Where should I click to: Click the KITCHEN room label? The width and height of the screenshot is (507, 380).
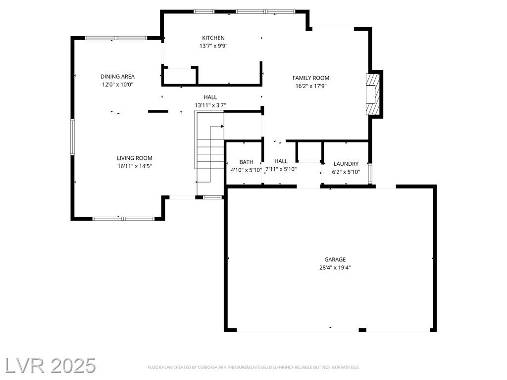[x=213, y=38]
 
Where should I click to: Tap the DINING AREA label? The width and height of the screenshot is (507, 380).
[x=117, y=77]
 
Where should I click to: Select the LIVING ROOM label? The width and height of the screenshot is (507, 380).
[x=135, y=158]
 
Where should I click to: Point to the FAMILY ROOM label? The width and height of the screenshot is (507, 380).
[x=311, y=78]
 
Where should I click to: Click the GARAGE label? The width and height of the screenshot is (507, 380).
[x=335, y=259]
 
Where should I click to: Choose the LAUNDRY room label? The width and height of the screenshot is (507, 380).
[x=346, y=164]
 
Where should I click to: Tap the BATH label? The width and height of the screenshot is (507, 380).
[x=247, y=162]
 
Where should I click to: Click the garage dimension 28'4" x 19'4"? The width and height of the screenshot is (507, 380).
[x=335, y=268]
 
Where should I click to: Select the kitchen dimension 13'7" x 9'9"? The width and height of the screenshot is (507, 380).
[x=213, y=46]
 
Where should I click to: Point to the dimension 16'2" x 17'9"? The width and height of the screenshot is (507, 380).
[x=311, y=86]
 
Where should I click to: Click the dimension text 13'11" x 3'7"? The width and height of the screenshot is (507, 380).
[x=210, y=105]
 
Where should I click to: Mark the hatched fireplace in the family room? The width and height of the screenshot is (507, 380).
[x=372, y=94]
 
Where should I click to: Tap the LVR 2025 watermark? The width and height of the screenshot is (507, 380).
[x=50, y=366]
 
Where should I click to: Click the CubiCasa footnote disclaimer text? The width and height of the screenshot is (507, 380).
[x=253, y=368]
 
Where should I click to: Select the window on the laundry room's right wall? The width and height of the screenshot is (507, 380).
[x=370, y=174]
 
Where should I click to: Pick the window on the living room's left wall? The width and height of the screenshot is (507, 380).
[x=73, y=137]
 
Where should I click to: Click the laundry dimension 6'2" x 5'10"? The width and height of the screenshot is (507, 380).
[x=346, y=172]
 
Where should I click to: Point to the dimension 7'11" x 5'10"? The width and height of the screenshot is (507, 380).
[x=281, y=169]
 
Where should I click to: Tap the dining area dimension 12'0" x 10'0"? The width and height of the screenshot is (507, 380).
[x=118, y=85]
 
